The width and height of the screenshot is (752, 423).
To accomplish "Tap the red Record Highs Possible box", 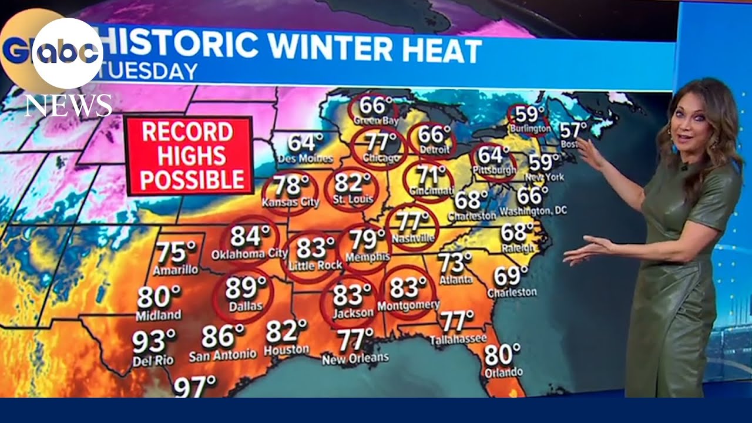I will click(188, 156).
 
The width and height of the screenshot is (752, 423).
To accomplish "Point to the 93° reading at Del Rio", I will click(153, 341).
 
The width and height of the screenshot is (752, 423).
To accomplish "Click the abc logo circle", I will click(68, 53).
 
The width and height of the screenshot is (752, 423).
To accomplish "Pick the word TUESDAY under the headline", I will click(150, 72).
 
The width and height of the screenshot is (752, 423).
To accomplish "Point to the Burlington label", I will click(530, 128).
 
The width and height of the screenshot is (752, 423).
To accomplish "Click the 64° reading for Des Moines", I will click(305, 142).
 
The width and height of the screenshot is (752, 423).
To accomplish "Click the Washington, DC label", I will click(533, 210).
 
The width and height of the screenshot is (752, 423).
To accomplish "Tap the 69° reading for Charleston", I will click(511, 275).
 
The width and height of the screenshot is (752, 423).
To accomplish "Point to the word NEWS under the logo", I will click(68, 106).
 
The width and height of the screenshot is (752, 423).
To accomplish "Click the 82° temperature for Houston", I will click(286, 332).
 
